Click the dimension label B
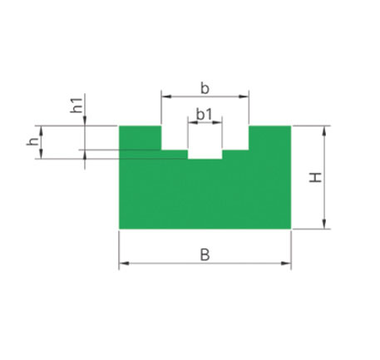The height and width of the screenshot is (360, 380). pyautogui.click(x=205, y=255)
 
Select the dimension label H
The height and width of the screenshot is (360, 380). pyautogui.click(x=315, y=177)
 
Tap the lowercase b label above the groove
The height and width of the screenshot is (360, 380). pyautogui.click(x=205, y=89)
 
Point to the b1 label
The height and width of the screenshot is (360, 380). pyautogui.click(x=205, y=115)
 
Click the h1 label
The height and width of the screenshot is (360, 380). pyautogui.click(x=76, y=106)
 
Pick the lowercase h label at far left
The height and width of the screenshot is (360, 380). pyautogui.click(x=32, y=141)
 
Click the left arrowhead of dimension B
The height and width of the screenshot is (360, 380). pyautogui.click(x=124, y=263)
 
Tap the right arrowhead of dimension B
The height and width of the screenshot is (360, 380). pyautogui.click(x=286, y=263)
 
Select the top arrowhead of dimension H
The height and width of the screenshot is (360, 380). pyautogui.click(x=324, y=131)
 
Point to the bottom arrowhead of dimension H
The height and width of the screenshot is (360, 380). pyautogui.click(x=324, y=224)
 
